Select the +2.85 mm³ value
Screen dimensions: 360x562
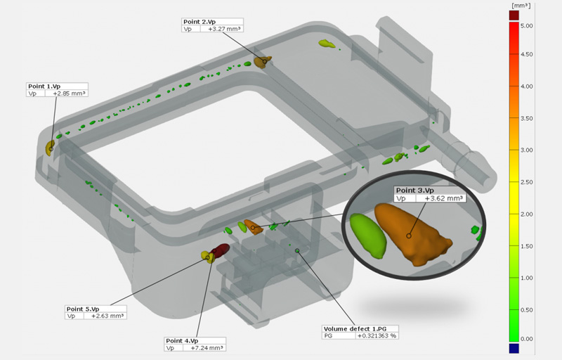pos(72,94)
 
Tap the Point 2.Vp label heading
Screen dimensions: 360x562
pos(199,22)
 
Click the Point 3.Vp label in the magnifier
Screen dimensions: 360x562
pos(415,191)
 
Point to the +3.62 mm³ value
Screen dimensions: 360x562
pos(445,199)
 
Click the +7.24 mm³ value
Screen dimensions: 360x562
pos(209,349)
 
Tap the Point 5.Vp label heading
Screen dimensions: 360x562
pos(83,309)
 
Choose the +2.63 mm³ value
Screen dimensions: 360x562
pos(108,316)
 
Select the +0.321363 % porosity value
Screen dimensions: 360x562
pos(377,336)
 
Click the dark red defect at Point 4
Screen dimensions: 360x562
pos(221,250)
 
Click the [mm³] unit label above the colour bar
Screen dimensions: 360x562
pos(518,5)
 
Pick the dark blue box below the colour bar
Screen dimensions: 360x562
pos(514,348)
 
